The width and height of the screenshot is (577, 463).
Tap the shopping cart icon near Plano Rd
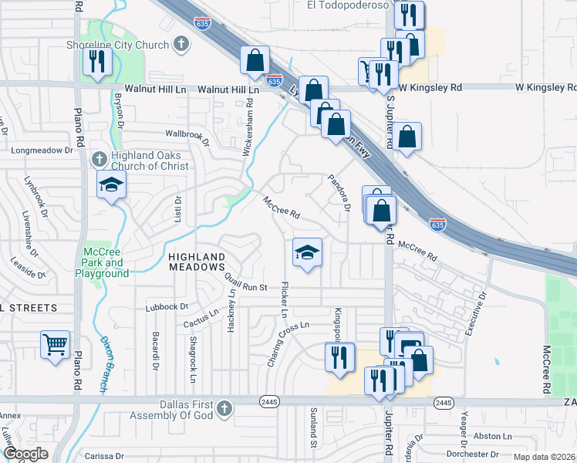coord(55,345)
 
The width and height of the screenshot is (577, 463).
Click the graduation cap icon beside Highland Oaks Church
coord(112,185)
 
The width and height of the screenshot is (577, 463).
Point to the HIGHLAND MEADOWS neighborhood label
coord(197,262)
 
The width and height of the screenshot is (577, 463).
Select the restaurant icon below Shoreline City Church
coord(97,61)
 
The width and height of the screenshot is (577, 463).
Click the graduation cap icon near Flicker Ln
coord(307,252)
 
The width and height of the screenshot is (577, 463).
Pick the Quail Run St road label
coord(246,283)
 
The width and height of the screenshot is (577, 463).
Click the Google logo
coord(25,454)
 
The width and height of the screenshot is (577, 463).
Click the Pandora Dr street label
coord(339,191)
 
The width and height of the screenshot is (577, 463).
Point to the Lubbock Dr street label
coord(167,307)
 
